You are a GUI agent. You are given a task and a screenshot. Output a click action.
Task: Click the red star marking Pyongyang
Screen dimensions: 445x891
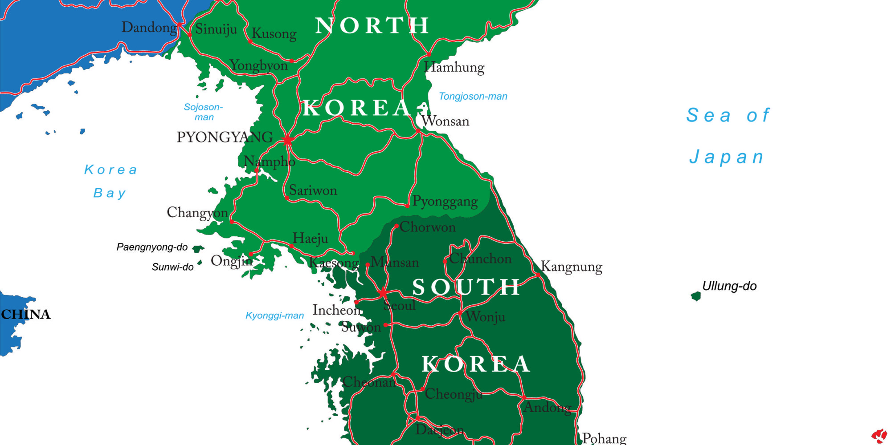[288, 141]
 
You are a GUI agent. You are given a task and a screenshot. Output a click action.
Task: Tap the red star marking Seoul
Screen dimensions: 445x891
[383, 292]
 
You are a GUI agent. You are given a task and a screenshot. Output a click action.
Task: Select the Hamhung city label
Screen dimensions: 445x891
[454, 68]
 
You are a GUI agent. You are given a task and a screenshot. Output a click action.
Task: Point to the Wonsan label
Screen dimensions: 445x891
[445, 121]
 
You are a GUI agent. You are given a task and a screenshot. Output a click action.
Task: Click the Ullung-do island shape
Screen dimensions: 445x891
[695, 296]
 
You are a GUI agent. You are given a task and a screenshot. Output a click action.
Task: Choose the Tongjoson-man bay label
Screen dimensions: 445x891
[473, 96]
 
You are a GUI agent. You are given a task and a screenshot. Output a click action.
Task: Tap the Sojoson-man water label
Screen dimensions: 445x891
[204, 112]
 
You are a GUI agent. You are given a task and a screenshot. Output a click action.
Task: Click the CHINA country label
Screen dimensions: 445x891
[26, 314]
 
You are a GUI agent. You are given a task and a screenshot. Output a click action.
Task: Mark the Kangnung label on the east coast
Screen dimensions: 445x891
[572, 267]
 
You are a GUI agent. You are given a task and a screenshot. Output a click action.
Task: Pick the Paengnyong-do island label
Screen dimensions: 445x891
[152, 247]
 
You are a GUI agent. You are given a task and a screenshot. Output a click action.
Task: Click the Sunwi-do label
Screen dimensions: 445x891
[173, 267]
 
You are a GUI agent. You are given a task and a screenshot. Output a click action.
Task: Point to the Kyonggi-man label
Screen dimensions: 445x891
[274, 316]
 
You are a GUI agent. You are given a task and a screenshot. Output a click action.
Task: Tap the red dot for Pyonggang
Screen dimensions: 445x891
[407, 206]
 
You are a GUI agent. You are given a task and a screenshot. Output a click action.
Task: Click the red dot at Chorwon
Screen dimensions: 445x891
[396, 226]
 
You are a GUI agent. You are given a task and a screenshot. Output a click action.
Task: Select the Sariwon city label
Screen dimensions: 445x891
[313, 190]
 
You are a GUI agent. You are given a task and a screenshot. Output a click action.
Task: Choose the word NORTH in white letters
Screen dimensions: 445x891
[372, 26]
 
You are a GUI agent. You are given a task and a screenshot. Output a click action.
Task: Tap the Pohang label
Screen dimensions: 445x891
[604, 438]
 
